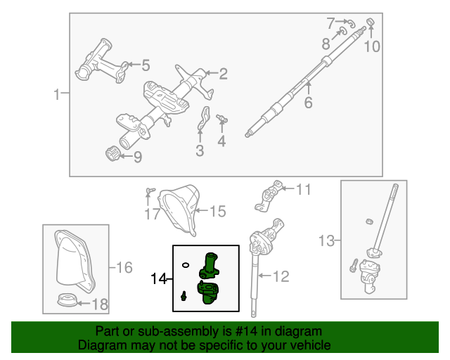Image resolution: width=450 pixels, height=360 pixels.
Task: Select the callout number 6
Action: point(307,103)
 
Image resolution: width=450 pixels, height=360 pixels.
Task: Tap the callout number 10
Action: point(371,47)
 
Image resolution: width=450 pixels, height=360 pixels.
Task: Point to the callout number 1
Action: point(58,94)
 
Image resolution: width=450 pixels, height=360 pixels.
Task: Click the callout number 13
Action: point(326,241)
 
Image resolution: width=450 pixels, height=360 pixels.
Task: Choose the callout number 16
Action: point(124,267)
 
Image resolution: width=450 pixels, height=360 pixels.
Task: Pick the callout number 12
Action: point(281,276)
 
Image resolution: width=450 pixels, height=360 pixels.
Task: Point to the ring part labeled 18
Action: point(67,302)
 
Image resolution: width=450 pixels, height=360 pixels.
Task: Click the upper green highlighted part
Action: point(210,264)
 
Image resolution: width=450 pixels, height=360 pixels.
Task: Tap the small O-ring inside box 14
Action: point(185,265)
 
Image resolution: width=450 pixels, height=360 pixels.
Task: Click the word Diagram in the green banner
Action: point(98,346)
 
